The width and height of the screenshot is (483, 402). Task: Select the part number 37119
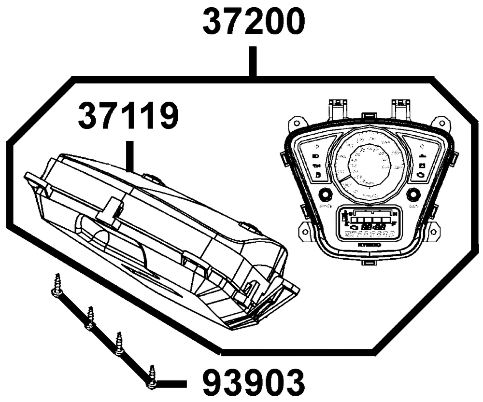(x=128, y=117)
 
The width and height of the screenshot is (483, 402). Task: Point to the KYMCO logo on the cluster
(x=369, y=245)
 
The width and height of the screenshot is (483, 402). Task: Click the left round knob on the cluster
(x=325, y=195)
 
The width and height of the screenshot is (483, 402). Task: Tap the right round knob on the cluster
(x=413, y=195)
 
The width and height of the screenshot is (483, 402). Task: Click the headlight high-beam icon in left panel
(x=316, y=157)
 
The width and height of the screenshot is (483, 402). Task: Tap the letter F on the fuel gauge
(x=395, y=223)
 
